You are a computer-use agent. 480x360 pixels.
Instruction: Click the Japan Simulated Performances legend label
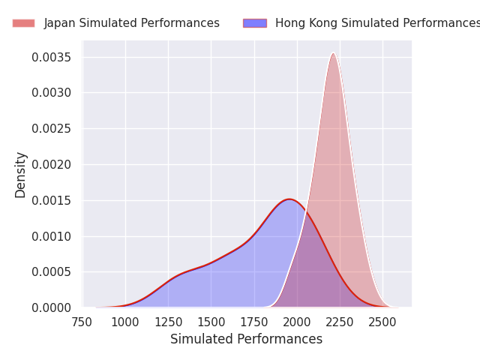tap(131, 23)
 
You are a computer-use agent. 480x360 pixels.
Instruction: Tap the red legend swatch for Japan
tap(23, 23)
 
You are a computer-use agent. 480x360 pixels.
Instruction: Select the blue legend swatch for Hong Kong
tap(254, 23)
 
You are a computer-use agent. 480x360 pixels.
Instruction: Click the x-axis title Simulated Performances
tap(246, 339)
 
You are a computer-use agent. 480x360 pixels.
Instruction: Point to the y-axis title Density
tap(21, 175)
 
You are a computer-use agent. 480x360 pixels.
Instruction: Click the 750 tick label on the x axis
tap(82, 322)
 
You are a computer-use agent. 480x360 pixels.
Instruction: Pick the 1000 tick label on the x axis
tap(125, 322)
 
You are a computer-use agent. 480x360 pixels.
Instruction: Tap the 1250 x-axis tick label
tap(168, 322)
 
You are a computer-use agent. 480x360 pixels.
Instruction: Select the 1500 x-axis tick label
tap(211, 322)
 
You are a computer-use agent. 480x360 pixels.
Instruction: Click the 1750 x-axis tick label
tap(254, 322)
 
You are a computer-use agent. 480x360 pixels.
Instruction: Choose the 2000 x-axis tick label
tap(297, 322)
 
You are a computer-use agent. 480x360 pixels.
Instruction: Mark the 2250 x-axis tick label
tap(340, 322)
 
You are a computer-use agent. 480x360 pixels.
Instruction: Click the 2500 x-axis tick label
tap(382, 322)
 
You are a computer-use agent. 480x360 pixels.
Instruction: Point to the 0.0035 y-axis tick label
tap(51, 58)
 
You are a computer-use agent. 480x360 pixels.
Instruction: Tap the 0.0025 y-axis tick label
tap(51, 129)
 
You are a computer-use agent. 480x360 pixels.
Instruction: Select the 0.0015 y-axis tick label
tap(51, 200)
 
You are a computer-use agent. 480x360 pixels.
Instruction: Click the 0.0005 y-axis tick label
tap(51, 272)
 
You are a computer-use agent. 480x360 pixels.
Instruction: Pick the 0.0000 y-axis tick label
tap(51, 307)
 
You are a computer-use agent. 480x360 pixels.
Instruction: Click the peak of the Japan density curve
tap(333, 52)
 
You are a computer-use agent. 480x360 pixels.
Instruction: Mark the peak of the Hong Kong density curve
tap(289, 199)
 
